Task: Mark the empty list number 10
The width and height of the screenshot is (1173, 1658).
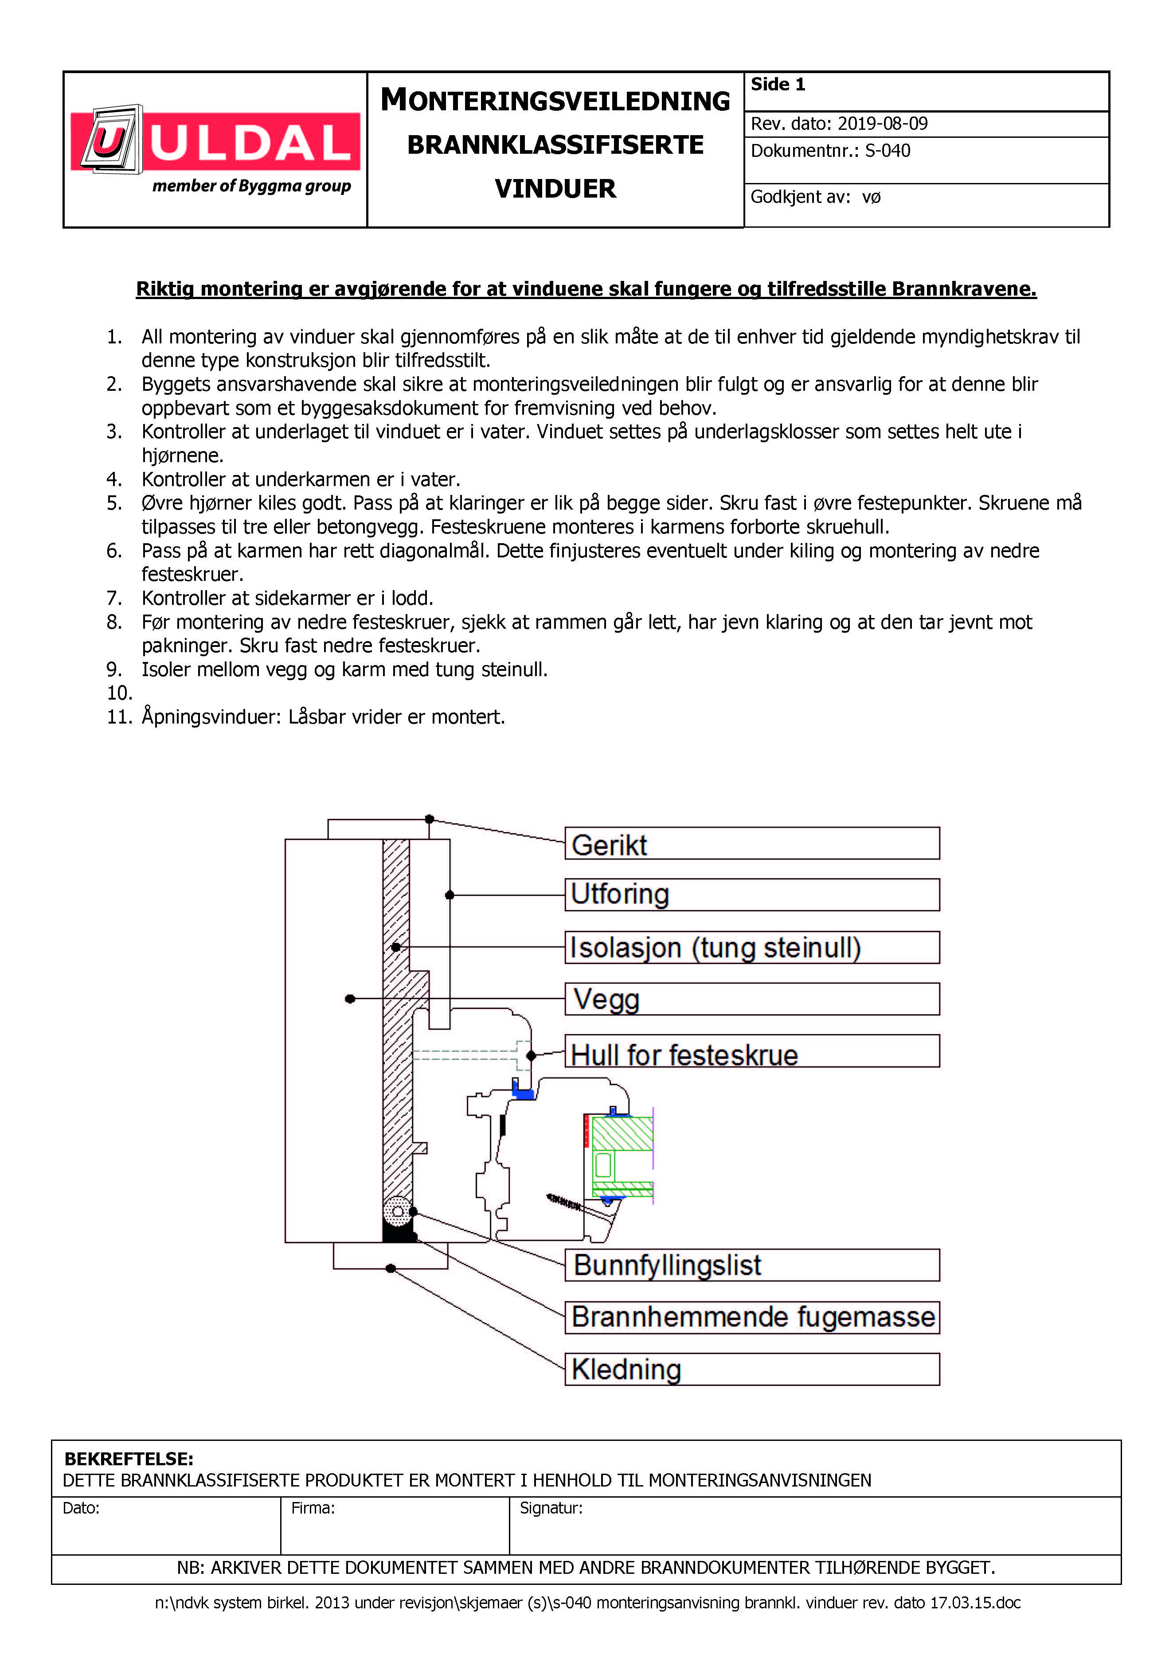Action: [119, 693]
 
